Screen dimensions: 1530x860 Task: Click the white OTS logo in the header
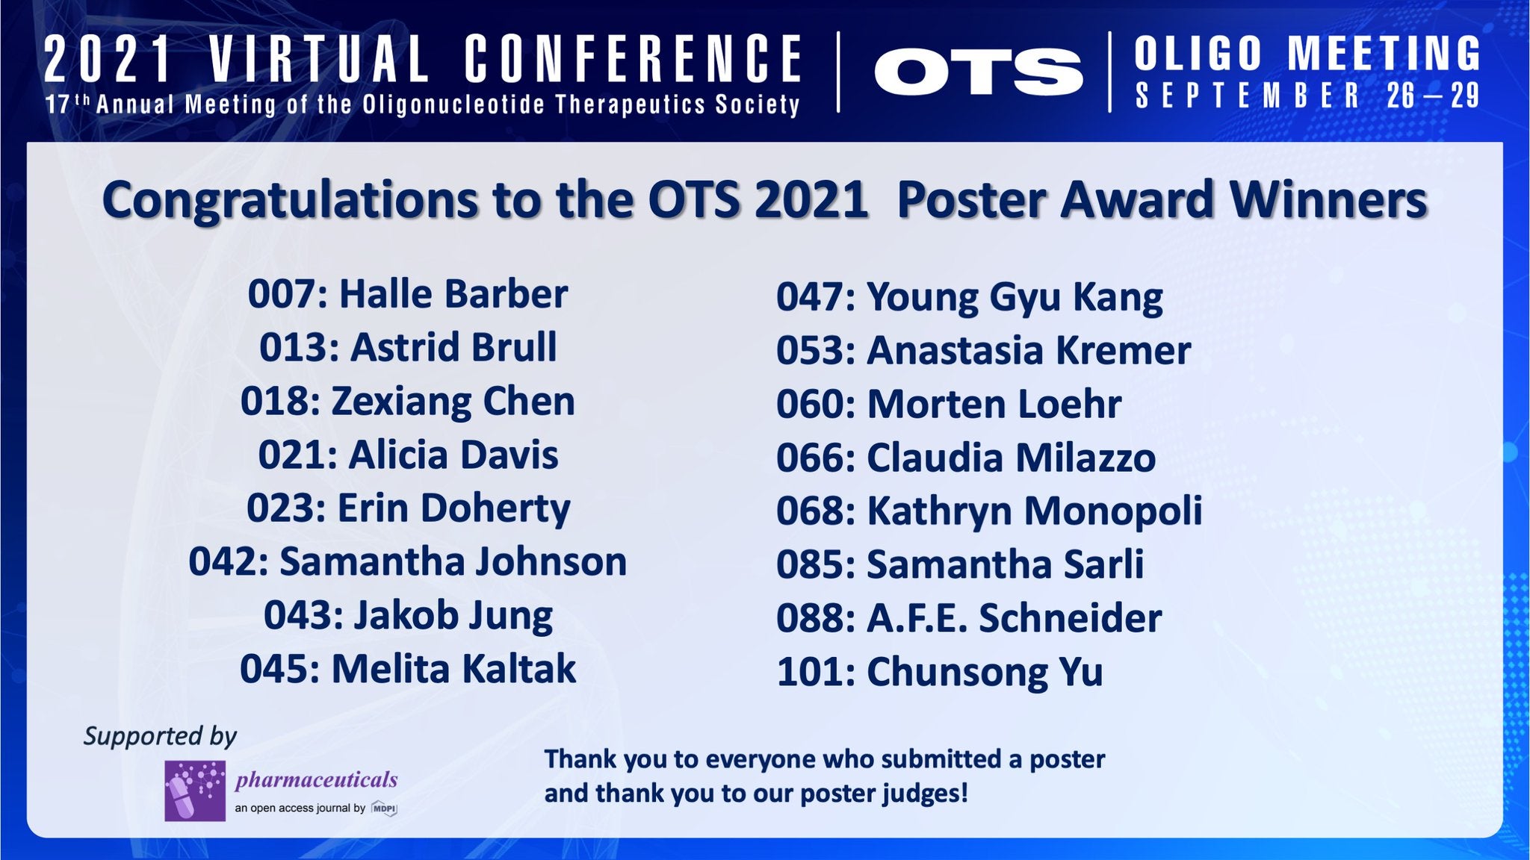(978, 72)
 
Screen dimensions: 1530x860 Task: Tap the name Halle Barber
(453, 293)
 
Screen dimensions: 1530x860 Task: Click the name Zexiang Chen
(453, 402)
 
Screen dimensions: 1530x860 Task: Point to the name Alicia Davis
(453, 455)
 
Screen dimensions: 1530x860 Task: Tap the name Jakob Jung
(453, 616)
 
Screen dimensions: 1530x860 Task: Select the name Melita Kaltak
(453, 669)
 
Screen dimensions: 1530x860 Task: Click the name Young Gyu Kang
(1015, 298)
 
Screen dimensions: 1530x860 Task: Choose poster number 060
(812, 405)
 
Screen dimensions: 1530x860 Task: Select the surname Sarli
(1103, 565)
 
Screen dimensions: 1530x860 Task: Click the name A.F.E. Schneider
(1014, 619)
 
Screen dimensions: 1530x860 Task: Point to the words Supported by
(160, 736)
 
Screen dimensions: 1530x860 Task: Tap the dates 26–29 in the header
(1433, 96)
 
